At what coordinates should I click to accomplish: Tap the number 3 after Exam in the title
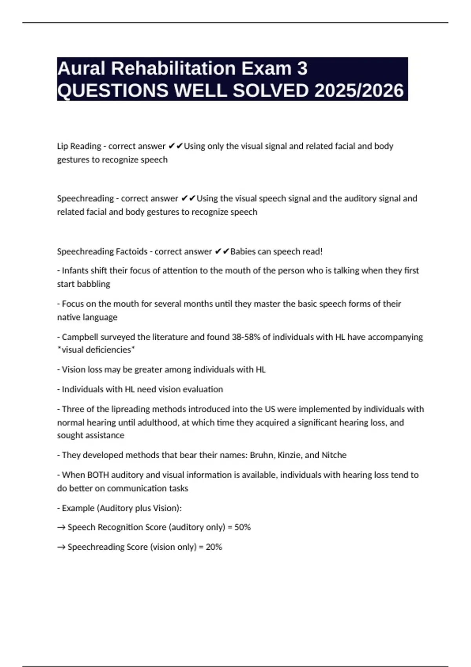point(302,69)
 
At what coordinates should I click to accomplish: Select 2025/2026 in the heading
point(359,91)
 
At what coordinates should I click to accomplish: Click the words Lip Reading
point(79,146)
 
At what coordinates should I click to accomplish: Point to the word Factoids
point(131,251)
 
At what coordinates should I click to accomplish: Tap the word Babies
point(243,251)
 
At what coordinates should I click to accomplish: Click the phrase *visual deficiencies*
point(96,350)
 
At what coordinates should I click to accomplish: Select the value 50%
point(242,527)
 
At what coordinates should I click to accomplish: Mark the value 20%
point(214,547)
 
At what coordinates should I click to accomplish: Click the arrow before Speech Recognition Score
point(61,527)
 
